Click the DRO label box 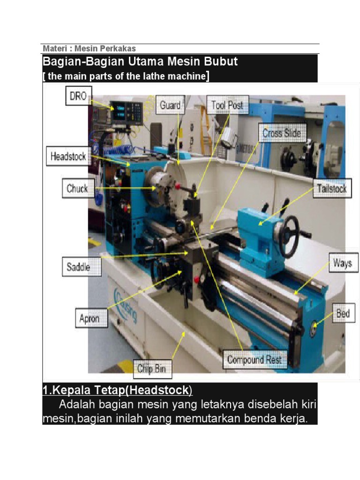79,96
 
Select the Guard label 170,105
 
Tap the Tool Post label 227,105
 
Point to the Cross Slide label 282,133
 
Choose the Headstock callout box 68,156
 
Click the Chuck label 78,188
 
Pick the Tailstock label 332,188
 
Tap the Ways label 343,262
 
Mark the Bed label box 344,313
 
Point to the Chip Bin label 152,368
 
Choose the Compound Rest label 255,359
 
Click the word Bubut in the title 220,61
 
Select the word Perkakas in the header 118,48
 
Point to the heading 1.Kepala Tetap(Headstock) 117,390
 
